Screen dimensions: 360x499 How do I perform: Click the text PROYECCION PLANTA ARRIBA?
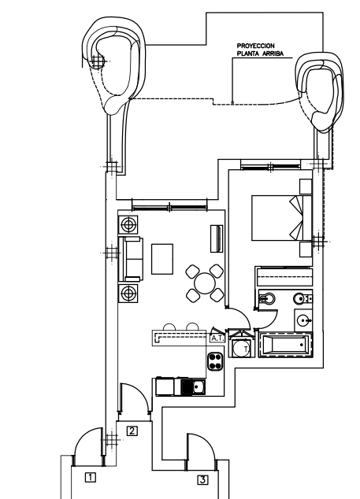click(260, 50)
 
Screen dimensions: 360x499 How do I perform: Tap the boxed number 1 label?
click(91, 477)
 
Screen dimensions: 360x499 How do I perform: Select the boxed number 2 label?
click(132, 431)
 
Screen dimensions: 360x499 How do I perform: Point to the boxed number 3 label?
click(202, 479)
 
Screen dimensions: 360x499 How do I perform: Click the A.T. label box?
click(217, 338)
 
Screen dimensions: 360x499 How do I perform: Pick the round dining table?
click(204, 283)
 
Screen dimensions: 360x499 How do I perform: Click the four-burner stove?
click(215, 361)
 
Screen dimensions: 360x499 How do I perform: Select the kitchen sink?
click(193, 386)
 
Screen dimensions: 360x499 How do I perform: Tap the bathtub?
click(285, 344)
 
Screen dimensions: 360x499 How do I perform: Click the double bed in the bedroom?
click(282, 218)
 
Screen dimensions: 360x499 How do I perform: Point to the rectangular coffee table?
click(162, 259)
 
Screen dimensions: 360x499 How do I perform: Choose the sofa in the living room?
click(131, 259)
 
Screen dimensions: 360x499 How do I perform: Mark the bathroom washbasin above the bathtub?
click(303, 320)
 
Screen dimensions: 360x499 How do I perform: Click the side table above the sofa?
click(128, 224)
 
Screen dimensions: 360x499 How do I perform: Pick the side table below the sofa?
click(128, 293)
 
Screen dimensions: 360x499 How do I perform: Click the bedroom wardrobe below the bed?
click(284, 276)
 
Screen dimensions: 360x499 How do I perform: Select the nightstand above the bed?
click(306, 187)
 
